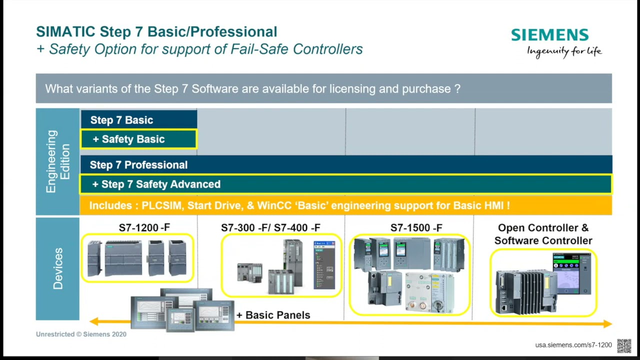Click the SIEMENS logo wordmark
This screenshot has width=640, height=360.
click(549, 35)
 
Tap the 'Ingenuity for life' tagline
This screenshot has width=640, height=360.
click(564, 51)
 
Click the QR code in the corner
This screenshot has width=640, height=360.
click(623, 345)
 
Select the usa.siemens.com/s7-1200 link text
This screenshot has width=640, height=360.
click(573, 345)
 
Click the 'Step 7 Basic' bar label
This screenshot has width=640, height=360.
click(121, 120)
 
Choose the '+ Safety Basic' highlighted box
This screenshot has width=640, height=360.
click(138, 139)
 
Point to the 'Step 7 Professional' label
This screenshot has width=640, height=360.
click(138, 165)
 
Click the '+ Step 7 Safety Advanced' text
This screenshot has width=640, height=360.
click(156, 184)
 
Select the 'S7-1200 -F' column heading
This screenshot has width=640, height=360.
click(144, 228)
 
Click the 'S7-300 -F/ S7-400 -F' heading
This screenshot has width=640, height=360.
click(270, 228)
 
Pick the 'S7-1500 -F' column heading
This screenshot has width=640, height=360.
click(416, 228)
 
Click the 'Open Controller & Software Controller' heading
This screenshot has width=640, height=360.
click(543, 234)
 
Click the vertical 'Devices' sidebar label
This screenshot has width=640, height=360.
click(58, 268)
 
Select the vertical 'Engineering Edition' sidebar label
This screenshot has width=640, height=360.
click(58, 161)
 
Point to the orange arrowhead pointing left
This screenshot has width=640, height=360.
click(94, 322)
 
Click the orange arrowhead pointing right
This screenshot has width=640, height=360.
click(607, 323)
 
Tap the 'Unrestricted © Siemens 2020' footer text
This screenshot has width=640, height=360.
click(81, 334)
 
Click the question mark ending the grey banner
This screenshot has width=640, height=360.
click(457, 89)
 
